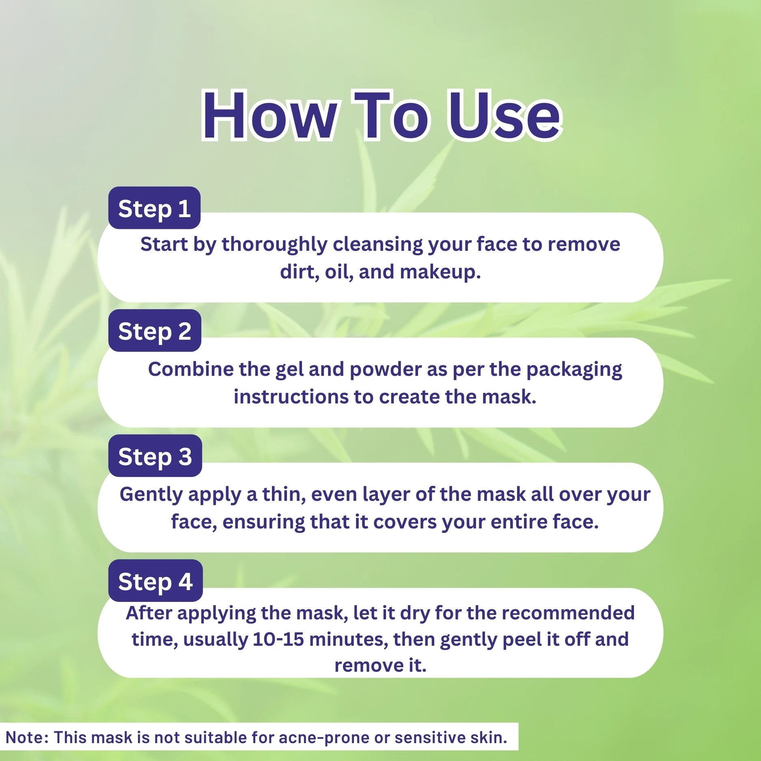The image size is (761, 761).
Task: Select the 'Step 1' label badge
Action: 154,209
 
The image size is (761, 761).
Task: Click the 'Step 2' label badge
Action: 155,331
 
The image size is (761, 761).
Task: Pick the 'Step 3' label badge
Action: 155,456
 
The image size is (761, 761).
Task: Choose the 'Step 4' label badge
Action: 155,581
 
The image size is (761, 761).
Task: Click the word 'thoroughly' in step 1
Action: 274,245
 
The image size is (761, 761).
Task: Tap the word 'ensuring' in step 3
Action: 263,522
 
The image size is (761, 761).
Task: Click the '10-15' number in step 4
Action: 278,640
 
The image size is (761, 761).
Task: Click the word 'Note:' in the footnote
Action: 28,737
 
